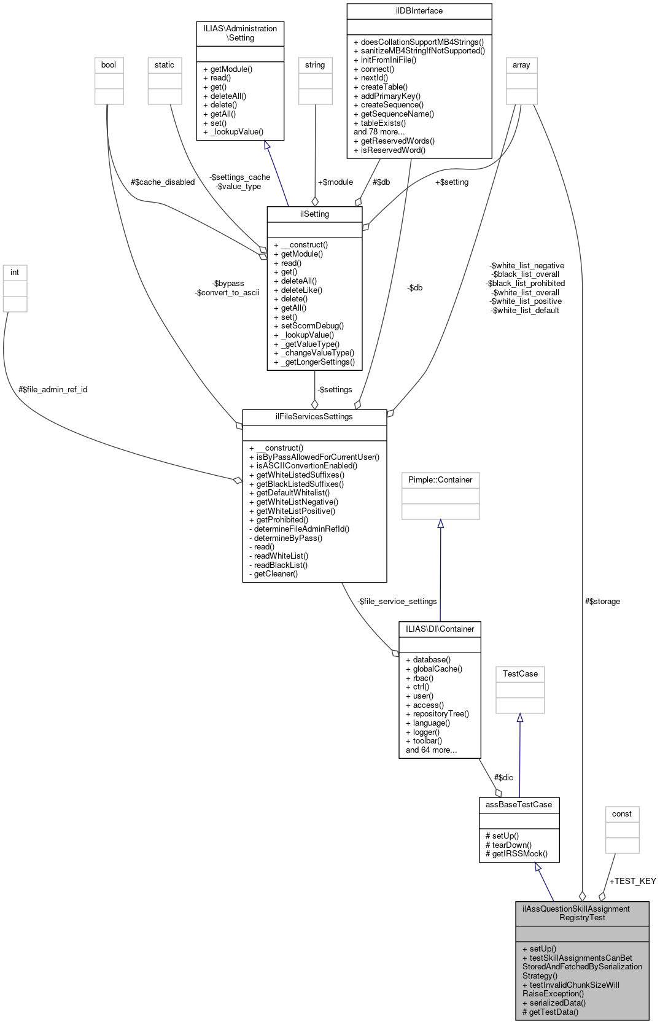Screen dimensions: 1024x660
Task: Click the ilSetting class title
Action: click(x=314, y=214)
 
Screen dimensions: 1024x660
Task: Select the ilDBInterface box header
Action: click(x=419, y=11)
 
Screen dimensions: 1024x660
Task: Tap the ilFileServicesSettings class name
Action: click(x=314, y=417)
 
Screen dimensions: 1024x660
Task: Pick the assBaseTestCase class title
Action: click(x=519, y=805)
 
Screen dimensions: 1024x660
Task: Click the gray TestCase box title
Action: click(x=520, y=674)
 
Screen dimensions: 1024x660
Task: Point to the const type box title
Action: click(x=621, y=814)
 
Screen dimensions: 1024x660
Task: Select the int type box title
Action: click(x=15, y=273)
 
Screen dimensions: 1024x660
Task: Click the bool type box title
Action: click(x=109, y=65)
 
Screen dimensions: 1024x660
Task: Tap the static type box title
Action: click(x=165, y=65)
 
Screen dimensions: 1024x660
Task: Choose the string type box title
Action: click(x=315, y=65)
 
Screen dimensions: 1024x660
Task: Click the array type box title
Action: click(x=521, y=65)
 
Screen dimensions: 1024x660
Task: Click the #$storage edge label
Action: click(x=602, y=602)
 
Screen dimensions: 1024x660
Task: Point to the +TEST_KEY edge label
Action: click(x=632, y=882)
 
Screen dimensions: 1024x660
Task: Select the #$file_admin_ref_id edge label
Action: click(x=53, y=390)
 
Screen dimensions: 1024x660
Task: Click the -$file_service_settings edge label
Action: click(x=397, y=602)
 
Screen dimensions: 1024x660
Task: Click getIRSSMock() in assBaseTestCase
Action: click(x=516, y=854)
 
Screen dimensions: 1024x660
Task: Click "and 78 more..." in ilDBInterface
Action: click(x=379, y=132)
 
